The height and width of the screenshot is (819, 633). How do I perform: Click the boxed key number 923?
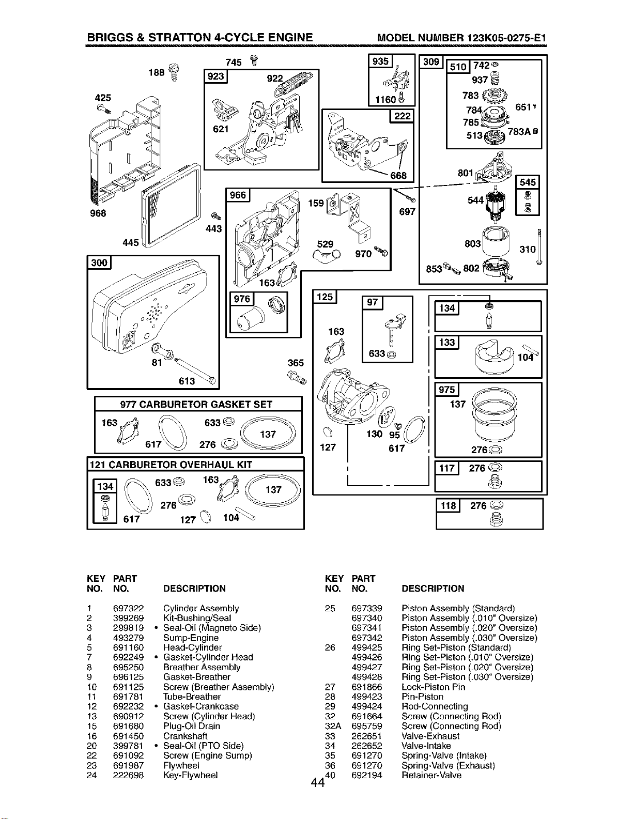coord(215,76)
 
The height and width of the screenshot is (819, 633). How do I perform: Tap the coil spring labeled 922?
coord(295,84)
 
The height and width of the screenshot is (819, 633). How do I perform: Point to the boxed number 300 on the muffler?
coord(99,262)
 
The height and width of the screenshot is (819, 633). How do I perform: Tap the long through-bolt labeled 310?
coord(539,247)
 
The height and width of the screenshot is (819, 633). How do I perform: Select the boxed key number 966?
coord(238,195)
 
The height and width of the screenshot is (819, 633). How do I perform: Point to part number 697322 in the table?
coord(129,609)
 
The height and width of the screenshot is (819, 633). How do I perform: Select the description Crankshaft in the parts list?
coord(186,736)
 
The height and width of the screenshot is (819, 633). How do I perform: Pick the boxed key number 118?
coord(448,505)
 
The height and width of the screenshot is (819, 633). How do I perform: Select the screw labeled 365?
coord(298,377)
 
